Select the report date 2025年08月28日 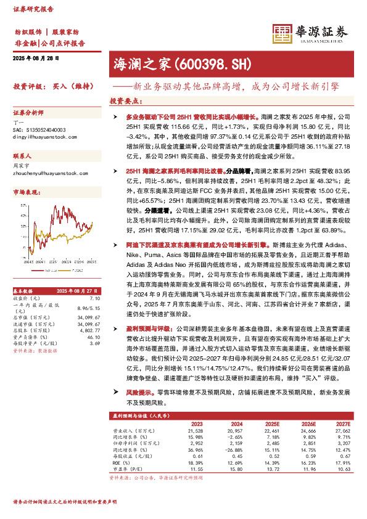click(x=35, y=59)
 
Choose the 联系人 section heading click(x=22, y=157)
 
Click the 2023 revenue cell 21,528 click(x=194, y=431)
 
